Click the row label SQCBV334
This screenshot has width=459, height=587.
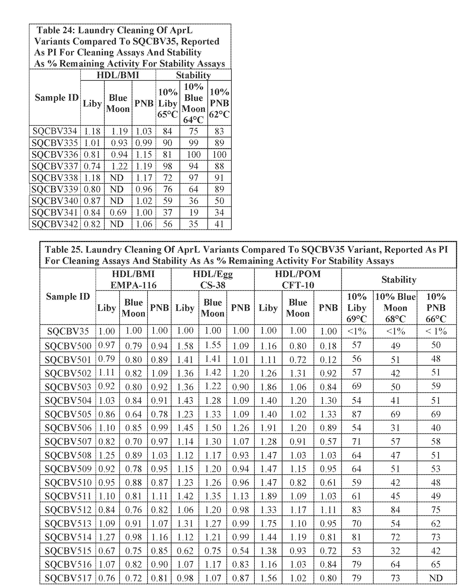[x=55, y=131]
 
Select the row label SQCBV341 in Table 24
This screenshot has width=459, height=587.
[x=55, y=213]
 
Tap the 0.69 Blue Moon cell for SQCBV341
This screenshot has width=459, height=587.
[x=118, y=213]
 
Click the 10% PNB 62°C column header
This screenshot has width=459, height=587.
[x=219, y=103]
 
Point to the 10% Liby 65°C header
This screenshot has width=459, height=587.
[x=167, y=103]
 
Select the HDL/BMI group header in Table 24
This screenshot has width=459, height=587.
[x=118, y=75]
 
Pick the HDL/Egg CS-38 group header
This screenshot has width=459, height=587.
[x=212, y=279]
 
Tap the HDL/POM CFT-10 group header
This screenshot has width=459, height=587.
[x=298, y=279]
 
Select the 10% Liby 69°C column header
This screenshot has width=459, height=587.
[x=356, y=308]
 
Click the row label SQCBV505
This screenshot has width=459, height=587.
[x=68, y=414]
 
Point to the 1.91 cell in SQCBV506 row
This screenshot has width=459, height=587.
[x=268, y=428]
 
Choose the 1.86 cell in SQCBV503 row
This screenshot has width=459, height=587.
[x=268, y=387]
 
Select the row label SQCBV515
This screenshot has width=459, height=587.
[x=68, y=551]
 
